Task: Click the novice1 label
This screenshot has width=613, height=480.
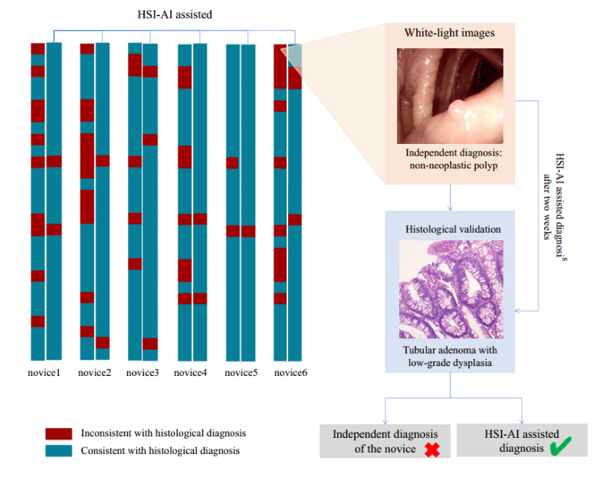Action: tap(46, 373)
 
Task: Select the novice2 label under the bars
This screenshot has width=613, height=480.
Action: tap(94, 373)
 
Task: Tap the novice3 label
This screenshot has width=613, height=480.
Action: tap(143, 373)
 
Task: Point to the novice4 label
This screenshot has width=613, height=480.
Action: tap(190, 373)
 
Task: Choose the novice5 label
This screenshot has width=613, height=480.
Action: tap(240, 373)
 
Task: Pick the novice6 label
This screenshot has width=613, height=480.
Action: tap(289, 373)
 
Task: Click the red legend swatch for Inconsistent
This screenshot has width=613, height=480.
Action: tap(58, 433)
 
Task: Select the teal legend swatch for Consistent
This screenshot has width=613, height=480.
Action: tap(58, 450)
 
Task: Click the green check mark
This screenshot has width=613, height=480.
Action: tap(562, 447)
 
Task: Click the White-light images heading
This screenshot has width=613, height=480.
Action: tap(449, 34)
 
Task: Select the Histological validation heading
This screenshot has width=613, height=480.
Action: tap(452, 230)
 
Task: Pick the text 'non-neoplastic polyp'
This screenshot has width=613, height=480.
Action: tap(451, 165)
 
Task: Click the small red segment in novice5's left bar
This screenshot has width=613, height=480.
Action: tap(232, 162)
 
